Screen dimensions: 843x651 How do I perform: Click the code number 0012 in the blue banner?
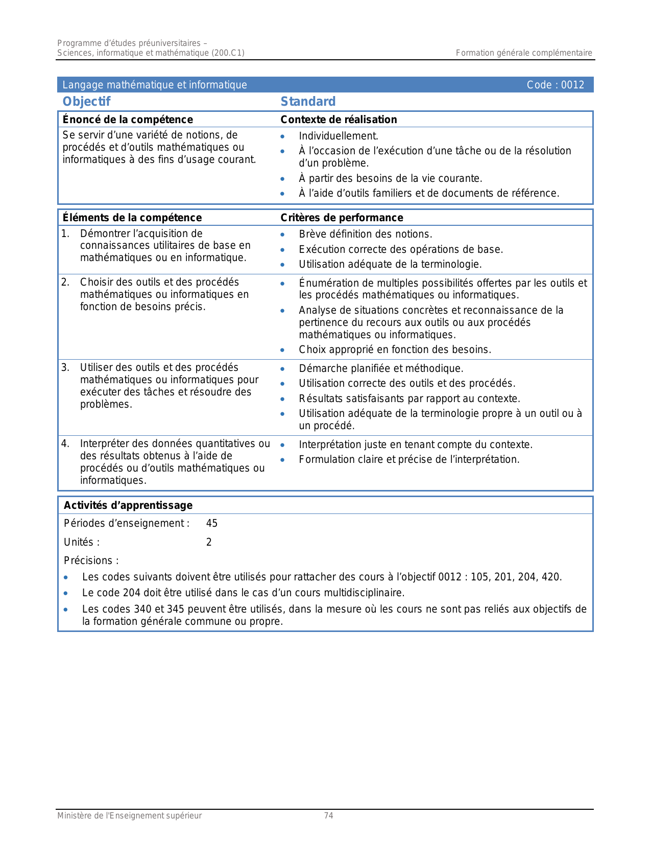coord(572,85)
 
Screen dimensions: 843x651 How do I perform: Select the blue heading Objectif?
coord(86,102)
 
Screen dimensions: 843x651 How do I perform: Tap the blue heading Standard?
coord(308,102)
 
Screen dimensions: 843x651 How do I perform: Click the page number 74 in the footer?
coord(329,816)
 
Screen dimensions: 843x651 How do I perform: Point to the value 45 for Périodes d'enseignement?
coord(212,523)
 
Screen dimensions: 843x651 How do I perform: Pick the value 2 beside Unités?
coord(209,542)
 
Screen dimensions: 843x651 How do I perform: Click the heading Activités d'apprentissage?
coord(128,505)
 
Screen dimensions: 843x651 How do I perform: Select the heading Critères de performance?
coord(342,218)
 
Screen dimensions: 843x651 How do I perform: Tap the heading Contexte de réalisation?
coord(339,120)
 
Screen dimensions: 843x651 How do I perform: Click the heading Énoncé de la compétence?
coord(128,120)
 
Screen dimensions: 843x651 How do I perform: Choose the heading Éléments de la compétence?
coord(132,218)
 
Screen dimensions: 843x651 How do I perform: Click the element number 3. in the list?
coord(65,367)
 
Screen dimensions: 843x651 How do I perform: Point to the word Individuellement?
coord(339,136)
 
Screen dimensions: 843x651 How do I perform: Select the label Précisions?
coord(91,560)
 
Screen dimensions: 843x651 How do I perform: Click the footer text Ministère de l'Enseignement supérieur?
coord(129,816)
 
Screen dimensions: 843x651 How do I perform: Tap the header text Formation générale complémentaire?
coord(524,53)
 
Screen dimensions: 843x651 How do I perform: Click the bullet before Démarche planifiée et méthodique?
coord(282,369)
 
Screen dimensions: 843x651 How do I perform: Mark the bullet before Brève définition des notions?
coord(282,235)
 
